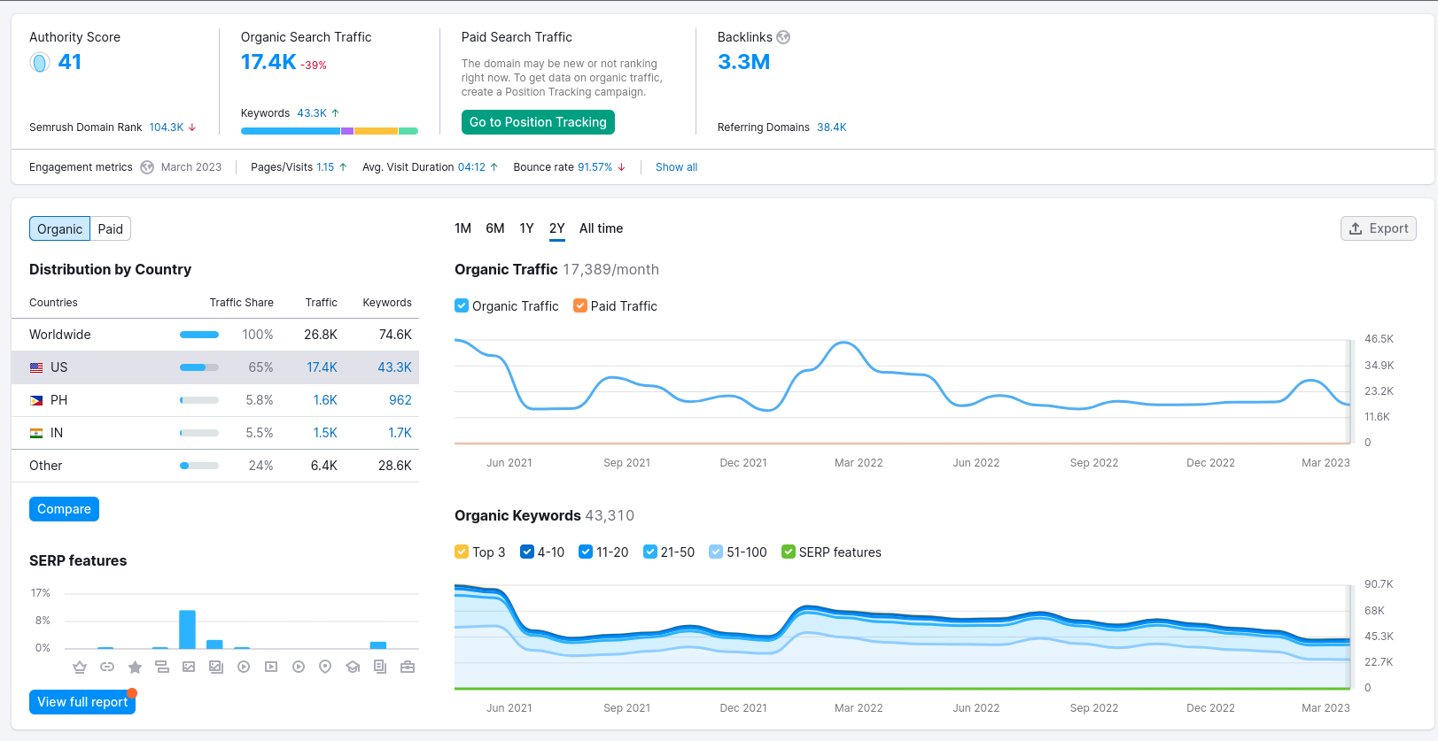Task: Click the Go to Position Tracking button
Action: tap(538, 122)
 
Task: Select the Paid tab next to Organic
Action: tap(111, 229)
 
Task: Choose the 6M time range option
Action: tap(495, 228)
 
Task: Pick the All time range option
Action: tap(601, 228)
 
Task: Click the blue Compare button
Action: tap(64, 509)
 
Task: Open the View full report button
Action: tap(82, 702)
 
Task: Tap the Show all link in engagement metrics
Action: tap(676, 166)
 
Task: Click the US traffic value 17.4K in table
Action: tap(322, 367)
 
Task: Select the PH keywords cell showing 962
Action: tap(400, 399)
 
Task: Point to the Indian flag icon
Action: tap(36, 433)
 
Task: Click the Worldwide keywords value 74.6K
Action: tap(395, 335)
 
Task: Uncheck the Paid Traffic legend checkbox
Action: tap(580, 305)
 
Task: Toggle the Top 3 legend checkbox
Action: tap(462, 552)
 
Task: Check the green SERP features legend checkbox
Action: tap(789, 552)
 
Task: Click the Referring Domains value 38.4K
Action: tap(831, 127)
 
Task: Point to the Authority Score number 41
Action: tap(69, 62)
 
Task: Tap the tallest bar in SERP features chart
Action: tap(188, 629)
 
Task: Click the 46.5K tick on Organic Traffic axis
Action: tap(1379, 339)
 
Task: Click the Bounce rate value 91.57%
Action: tap(595, 166)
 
